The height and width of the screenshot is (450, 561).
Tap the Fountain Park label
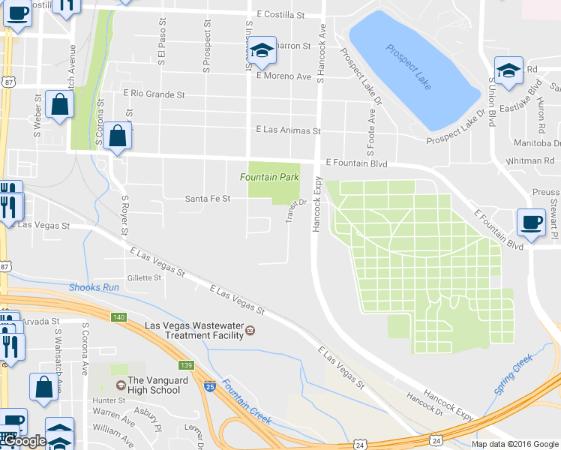tap(269, 177)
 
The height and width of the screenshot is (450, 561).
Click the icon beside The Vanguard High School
tap(120, 385)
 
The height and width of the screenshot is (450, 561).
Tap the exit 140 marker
tap(118, 317)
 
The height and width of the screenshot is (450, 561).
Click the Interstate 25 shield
tap(211, 387)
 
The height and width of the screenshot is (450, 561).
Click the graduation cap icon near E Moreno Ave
tap(262, 51)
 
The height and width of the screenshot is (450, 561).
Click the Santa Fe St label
tap(208, 199)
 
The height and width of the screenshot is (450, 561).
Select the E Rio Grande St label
tap(154, 94)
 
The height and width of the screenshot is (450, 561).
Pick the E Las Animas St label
tap(288, 130)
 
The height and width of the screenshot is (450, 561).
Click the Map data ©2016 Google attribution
tap(514, 444)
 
